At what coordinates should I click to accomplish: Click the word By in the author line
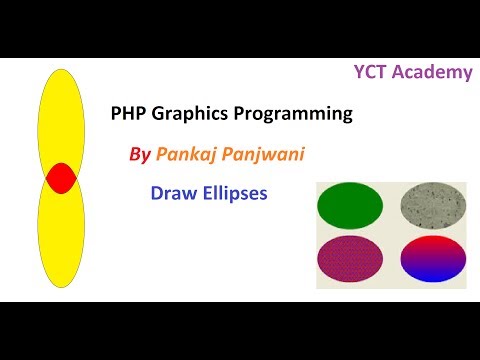[140, 155]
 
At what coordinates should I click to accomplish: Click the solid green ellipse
[349, 208]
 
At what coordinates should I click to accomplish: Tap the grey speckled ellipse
[433, 208]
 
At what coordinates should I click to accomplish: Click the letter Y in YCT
[359, 71]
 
